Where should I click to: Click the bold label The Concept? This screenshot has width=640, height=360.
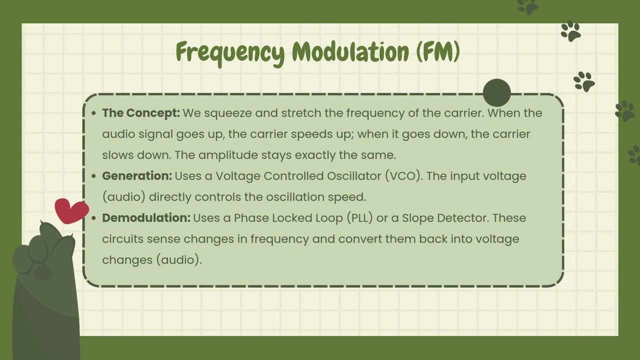(x=141, y=113)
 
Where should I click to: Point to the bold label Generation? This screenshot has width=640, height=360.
(x=137, y=176)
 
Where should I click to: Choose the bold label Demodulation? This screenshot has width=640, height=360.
(x=146, y=218)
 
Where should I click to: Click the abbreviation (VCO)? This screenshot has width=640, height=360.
(x=402, y=176)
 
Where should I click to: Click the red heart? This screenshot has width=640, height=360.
(x=71, y=210)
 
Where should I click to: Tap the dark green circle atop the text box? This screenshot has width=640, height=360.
(x=497, y=92)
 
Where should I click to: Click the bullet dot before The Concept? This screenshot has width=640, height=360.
(x=94, y=113)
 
